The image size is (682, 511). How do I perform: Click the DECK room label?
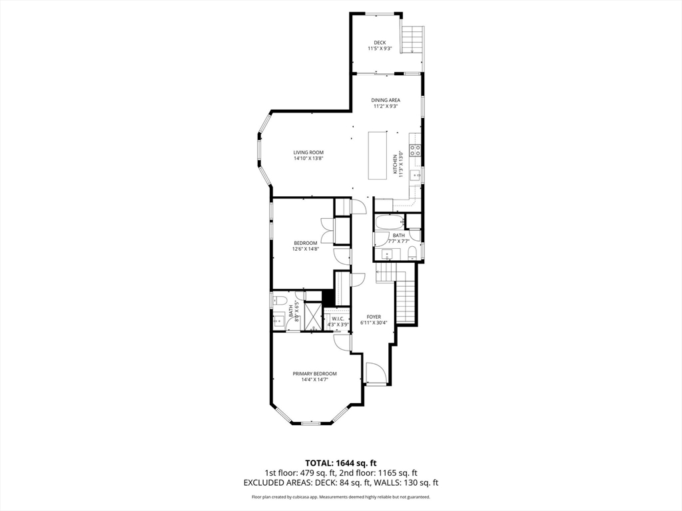pyautogui.click(x=380, y=43)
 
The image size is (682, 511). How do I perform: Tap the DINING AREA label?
pyautogui.click(x=386, y=100)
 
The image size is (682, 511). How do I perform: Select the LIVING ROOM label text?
pyautogui.click(x=308, y=152)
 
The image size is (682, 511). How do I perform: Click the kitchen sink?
pyautogui.click(x=415, y=175)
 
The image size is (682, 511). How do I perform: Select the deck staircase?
pyautogui.click(x=414, y=40)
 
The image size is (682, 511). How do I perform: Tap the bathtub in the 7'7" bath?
pyautogui.click(x=388, y=222)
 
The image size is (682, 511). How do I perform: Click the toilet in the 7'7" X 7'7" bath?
pyautogui.click(x=412, y=252)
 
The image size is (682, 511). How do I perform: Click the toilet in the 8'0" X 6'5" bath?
pyautogui.click(x=280, y=301)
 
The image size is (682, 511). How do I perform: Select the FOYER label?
pyautogui.click(x=373, y=317)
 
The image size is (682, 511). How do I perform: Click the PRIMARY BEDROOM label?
pyautogui.click(x=314, y=373)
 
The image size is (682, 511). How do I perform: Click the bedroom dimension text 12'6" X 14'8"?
pyautogui.click(x=306, y=249)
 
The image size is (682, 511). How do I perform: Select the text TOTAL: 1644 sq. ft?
pyautogui.click(x=341, y=462)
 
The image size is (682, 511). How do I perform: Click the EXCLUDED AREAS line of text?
pyautogui.click(x=341, y=483)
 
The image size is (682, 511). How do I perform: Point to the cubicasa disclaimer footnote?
pyautogui.click(x=341, y=497)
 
